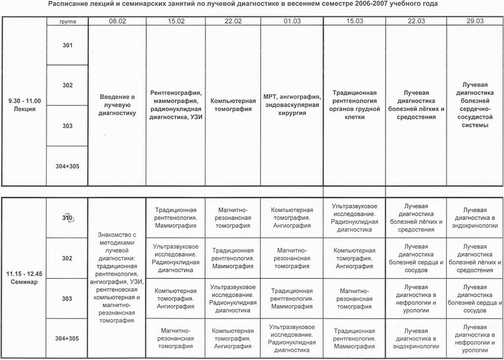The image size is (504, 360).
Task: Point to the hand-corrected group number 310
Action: [68, 218]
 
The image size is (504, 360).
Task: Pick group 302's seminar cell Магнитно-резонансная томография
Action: [292, 258]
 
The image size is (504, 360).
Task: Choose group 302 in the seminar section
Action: [68, 258]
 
